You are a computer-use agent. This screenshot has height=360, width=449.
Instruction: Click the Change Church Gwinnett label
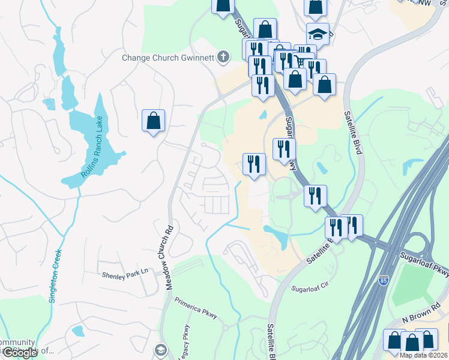[169, 58]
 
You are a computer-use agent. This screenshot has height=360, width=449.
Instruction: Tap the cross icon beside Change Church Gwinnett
[223, 58]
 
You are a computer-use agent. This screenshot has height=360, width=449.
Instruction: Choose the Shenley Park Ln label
[125, 273]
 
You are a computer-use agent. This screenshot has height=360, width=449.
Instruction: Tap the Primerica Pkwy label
[195, 307]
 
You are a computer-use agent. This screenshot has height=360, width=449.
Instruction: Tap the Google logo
[20, 353]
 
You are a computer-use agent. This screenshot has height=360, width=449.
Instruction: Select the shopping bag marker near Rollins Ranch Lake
[153, 120]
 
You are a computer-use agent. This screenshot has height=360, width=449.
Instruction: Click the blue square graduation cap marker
[318, 34]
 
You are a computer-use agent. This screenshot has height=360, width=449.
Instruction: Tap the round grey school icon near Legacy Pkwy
[160, 349]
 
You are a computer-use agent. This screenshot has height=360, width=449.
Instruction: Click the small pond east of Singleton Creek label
[78, 331]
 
